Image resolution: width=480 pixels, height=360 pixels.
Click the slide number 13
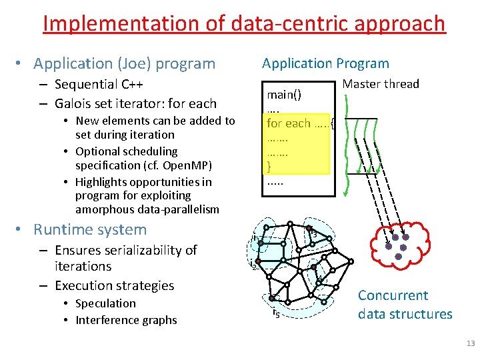click(471, 344)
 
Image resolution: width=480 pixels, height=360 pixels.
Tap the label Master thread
click(380, 84)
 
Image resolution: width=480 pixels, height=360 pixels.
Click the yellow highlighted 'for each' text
click(289, 123)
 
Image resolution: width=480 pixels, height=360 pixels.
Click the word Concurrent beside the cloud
click(393, 295)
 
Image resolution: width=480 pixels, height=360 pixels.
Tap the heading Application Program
click(325, 63)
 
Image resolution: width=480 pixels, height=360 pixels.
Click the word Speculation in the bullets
click(105, 303)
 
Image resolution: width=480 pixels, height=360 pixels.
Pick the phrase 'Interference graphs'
click(126, 320)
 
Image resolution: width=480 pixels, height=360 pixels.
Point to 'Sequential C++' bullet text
click(99, 85)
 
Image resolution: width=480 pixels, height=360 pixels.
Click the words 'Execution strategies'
click(114, 285)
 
